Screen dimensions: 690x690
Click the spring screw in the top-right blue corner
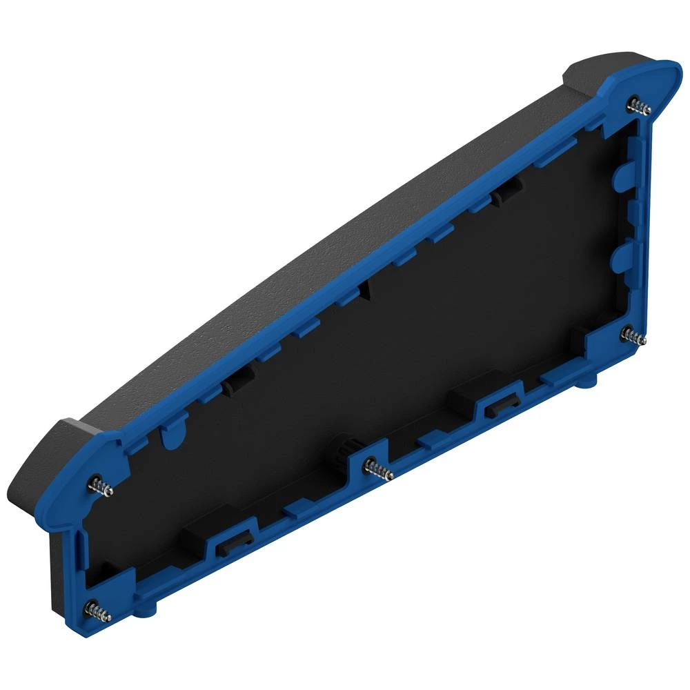641,107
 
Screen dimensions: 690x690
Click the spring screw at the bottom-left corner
97,610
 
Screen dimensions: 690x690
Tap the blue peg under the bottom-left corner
146,610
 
